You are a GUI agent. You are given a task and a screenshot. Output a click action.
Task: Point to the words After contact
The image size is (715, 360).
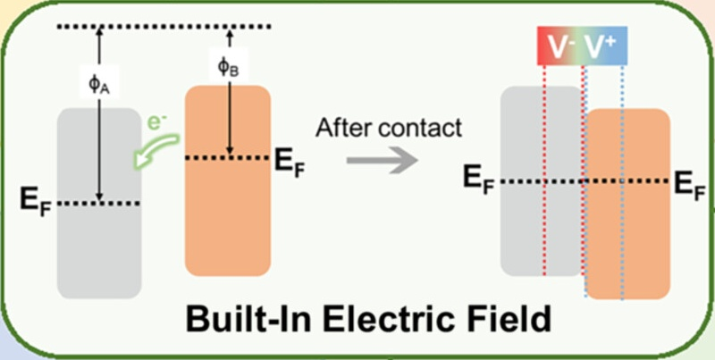coord(389,127)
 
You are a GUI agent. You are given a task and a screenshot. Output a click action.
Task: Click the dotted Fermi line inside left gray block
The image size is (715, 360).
coord(98,204)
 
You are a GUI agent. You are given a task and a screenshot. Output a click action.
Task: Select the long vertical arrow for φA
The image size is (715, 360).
coord(100,143)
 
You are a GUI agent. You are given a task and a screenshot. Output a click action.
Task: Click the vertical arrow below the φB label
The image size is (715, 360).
coord(230,116)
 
